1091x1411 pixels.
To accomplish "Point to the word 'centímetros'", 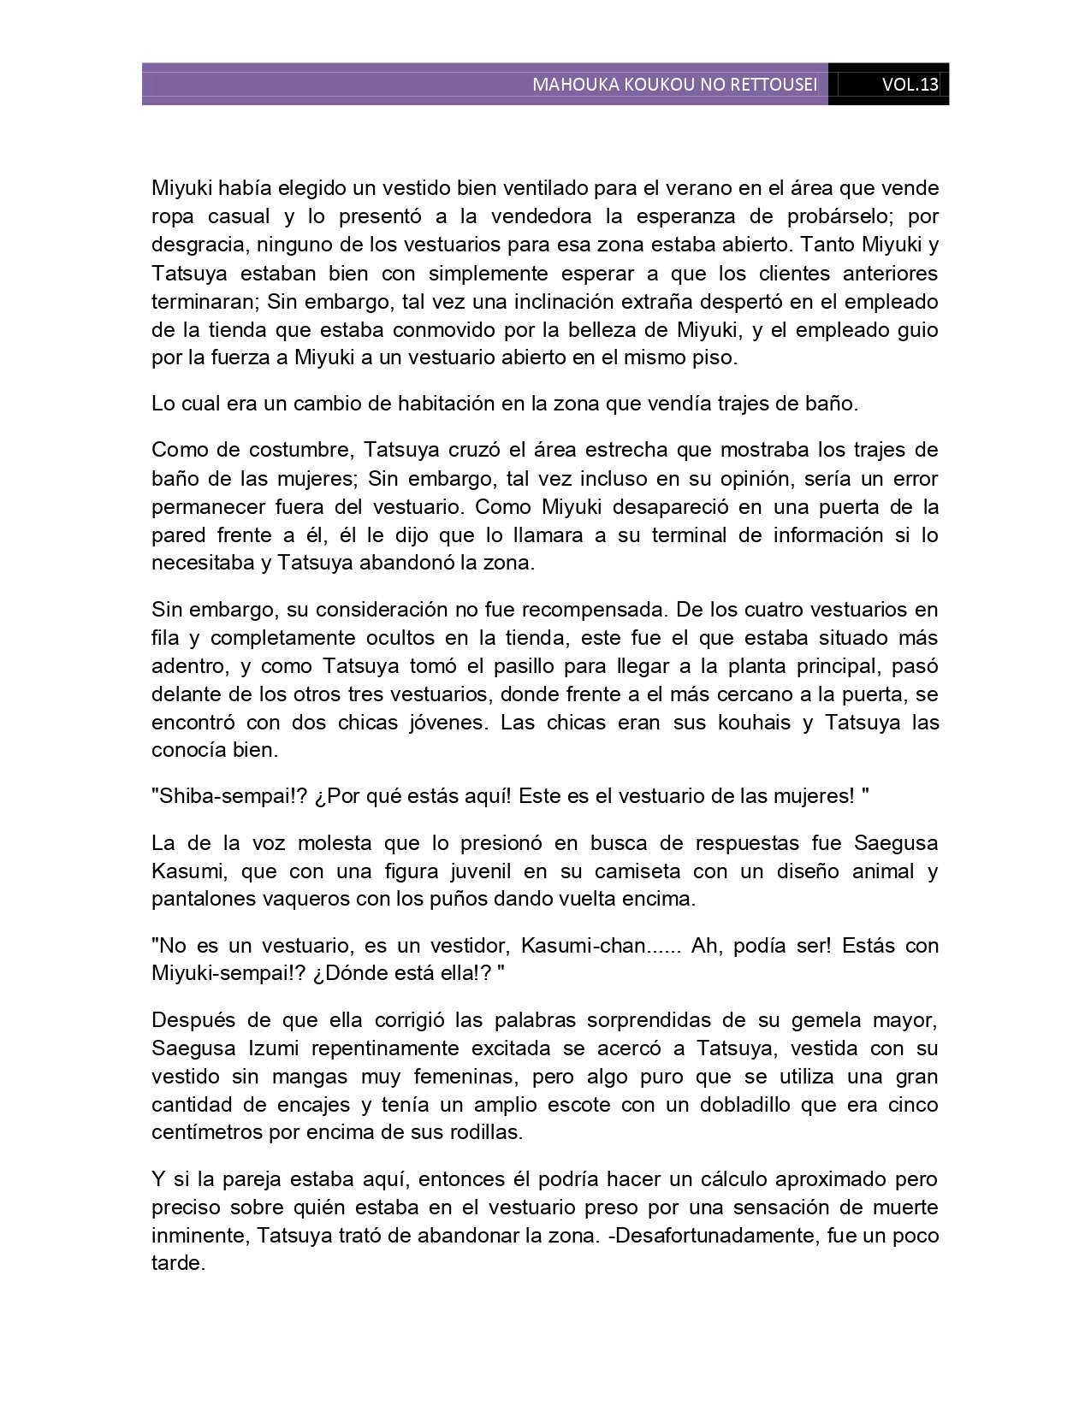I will (x=204, y=1133).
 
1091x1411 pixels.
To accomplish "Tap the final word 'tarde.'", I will (x=178, y=1264).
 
